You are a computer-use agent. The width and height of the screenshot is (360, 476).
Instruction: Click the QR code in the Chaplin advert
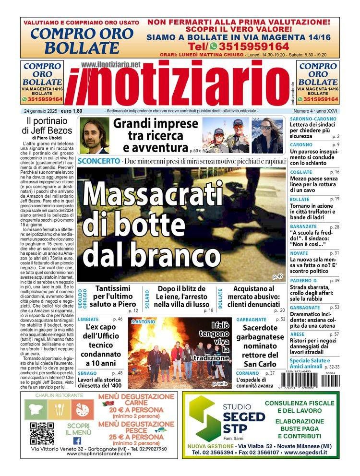coord(42,433)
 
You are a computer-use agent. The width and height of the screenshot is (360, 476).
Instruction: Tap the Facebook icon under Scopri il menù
coord(77,440)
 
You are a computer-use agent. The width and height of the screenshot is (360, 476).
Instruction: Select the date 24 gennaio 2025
coord(40,111)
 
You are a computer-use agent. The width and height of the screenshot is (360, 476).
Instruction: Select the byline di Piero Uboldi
coord(47,138)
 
